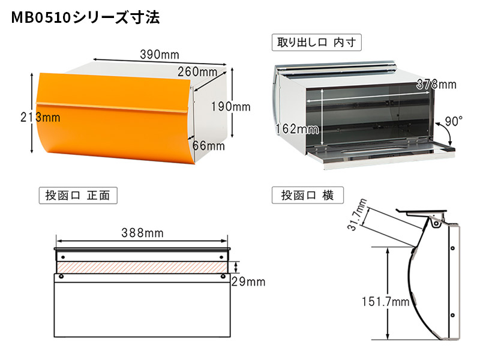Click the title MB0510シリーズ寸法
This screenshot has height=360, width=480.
(85, 17)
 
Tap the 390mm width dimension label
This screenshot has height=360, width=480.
(160, 55)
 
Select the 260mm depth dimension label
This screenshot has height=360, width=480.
(197, 72)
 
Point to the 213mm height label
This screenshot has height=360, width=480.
(40, 117)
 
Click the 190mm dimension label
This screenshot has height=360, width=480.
(231, 107)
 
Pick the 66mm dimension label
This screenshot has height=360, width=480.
(209, 146)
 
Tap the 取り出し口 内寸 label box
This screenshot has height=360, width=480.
(317, 42)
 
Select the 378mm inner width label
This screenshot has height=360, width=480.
(436, 84)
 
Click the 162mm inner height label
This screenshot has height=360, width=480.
(297, 129)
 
